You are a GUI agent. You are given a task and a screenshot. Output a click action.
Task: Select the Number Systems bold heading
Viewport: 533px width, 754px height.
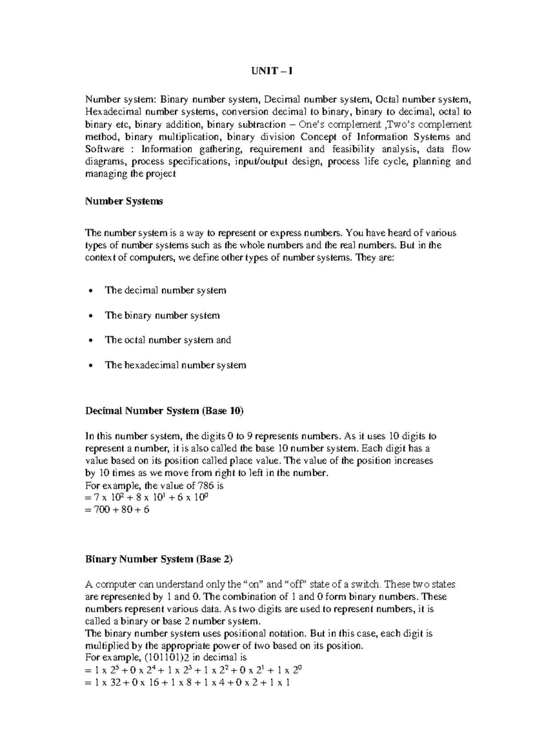pos(124,201)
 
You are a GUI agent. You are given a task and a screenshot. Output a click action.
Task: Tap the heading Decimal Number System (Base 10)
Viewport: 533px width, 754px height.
pos(164,411)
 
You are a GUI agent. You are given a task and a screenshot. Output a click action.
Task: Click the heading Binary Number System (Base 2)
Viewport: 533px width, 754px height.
pos(159,559)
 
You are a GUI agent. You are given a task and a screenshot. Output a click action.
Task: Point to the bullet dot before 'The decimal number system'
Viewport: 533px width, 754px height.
pos(91,291)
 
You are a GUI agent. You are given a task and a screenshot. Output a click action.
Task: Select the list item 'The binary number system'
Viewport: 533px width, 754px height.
pos(162,316)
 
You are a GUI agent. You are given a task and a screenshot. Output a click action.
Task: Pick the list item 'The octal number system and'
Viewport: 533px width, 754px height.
pos(168,340)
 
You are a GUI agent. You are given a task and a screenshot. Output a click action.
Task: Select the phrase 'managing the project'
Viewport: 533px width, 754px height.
pos(130,174)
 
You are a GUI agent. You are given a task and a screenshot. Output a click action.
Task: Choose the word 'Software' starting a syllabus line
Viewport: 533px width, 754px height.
pos(104,149)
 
